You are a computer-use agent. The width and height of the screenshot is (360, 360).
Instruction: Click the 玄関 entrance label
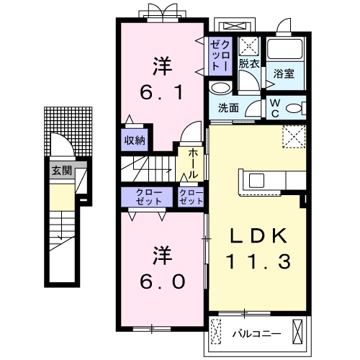(62, 171)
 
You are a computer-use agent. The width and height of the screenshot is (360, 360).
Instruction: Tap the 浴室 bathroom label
(284, 73)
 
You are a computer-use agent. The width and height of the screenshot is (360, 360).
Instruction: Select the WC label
(275, 109)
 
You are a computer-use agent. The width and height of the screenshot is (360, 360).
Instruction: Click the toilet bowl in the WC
(294, 108)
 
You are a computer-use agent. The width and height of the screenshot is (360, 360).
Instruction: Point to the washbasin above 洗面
(220, 88)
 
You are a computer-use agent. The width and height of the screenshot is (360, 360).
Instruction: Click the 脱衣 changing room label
(249, 64)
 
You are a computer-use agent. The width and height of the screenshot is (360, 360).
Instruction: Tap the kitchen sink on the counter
(256, 181)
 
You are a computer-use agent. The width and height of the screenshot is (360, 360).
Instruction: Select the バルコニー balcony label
(256, 334)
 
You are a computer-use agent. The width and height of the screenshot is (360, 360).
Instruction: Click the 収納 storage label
(135, 140)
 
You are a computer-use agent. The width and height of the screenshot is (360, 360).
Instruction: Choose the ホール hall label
(193, 163)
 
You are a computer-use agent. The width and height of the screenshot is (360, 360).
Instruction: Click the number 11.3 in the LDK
(258, 261)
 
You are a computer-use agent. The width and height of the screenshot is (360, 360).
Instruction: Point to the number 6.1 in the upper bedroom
(162, 93)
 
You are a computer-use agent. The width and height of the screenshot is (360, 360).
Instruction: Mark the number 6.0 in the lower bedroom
(163, 282)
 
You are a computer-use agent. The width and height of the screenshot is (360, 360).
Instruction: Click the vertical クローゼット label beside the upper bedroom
(220, 55)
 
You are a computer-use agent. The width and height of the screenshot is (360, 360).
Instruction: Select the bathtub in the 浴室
(285, 49)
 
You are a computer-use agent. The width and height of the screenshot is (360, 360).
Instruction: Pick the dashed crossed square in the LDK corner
(294, 136)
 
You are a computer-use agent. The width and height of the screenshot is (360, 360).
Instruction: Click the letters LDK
(258, 235)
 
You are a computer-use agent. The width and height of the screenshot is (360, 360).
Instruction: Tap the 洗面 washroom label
(228, 108)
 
